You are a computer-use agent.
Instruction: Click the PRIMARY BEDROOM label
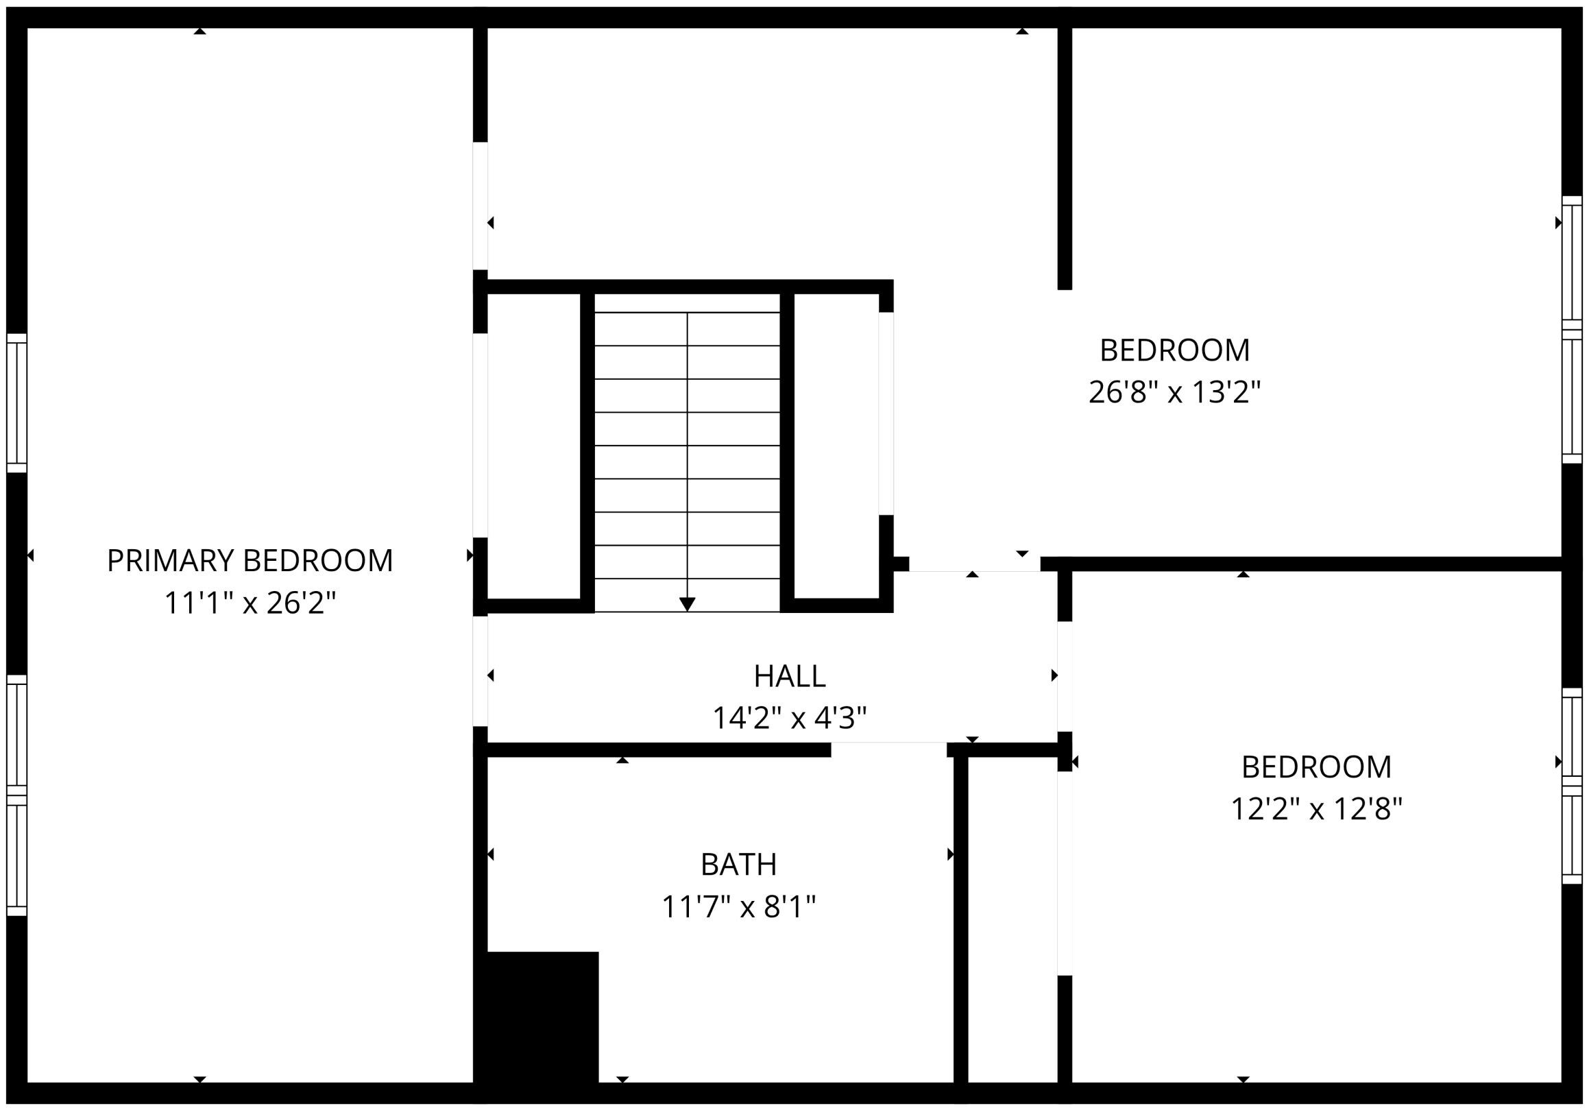[250, 561]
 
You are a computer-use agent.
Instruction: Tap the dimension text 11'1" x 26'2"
[250, 603]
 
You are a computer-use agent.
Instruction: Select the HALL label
[790, 676]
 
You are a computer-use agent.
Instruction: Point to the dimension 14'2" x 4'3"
[790, 718]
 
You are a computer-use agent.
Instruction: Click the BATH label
[738, 865]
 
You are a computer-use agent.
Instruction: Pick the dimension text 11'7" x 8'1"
[738, 906]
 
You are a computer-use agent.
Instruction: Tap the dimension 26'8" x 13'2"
[1174, 392]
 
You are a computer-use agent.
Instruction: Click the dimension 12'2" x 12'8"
[1316, 808]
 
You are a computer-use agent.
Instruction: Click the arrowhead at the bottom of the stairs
[687, 604]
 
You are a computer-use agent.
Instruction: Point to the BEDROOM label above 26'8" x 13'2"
[1174, 350]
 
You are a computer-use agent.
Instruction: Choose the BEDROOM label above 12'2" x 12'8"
[1316, 767]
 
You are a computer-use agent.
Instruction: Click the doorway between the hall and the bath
[888, 749]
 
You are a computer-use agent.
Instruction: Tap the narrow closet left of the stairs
[533, 446]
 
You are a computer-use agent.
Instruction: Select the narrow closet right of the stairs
[836, 446]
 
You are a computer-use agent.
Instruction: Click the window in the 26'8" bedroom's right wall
[1572, 329]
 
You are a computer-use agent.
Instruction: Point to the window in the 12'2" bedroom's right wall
[1572, 786]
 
